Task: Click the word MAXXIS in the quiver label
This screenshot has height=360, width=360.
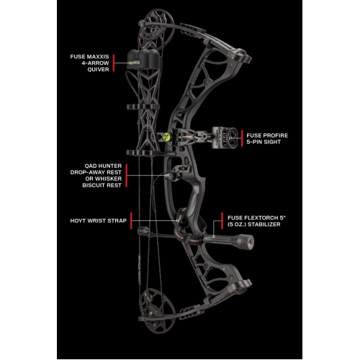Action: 98,57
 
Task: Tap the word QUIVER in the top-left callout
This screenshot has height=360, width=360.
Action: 98,69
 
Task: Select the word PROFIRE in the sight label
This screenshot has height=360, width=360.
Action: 275,135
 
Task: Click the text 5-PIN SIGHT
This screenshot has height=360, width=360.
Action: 264,142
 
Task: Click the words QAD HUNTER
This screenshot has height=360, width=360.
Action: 103,166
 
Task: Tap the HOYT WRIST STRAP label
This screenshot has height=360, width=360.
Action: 99,220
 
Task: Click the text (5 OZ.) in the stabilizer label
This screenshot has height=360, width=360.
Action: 237,225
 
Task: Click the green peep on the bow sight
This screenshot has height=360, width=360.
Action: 166,137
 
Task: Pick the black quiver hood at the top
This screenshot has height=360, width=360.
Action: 143,60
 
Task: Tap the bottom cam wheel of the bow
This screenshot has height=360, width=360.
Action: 157,311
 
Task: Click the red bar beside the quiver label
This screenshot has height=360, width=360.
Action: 114,63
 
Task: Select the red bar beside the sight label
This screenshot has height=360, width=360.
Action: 242,138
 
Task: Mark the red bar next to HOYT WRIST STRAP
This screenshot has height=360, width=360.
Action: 131,220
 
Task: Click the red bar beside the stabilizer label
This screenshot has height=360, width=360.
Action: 222,220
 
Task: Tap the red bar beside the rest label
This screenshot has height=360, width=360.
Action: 127,176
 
